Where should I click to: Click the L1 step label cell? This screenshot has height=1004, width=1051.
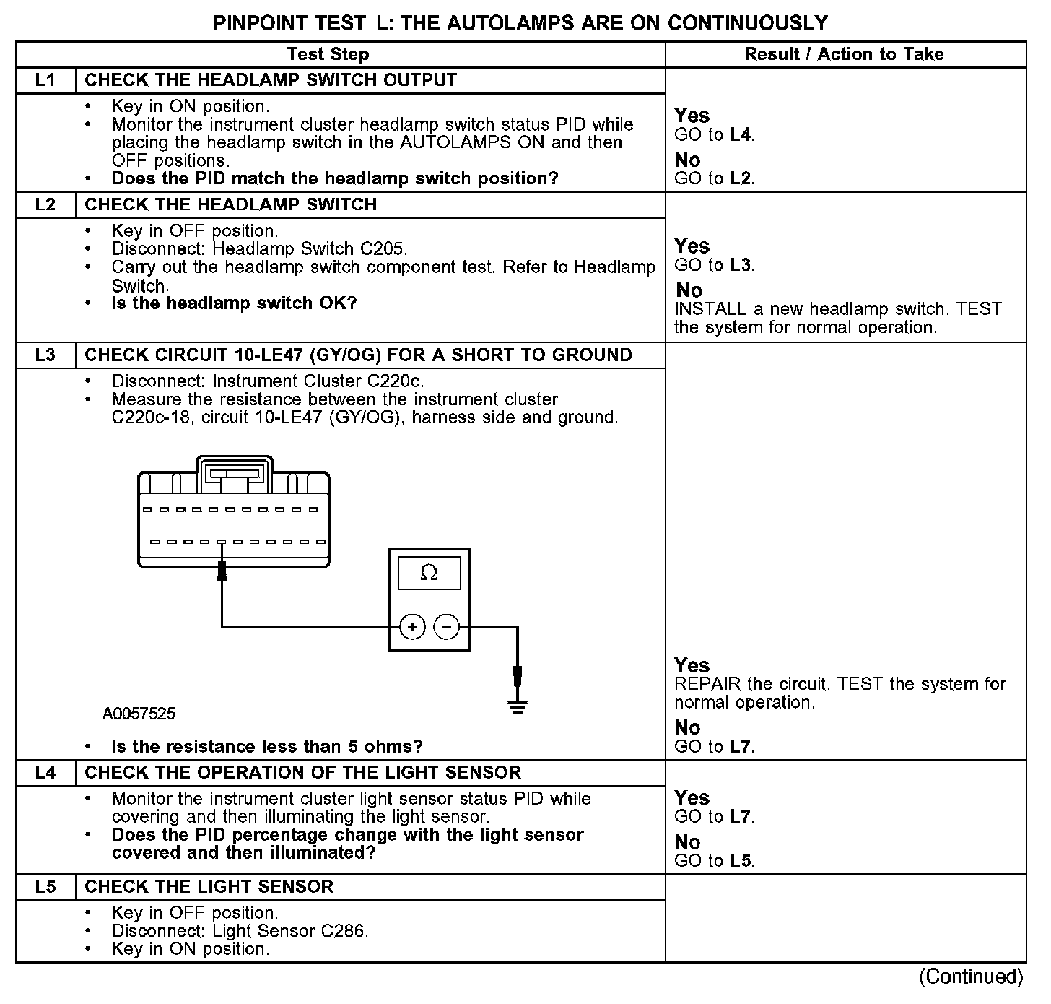[45, 80]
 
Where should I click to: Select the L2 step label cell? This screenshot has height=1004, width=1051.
[45, 205]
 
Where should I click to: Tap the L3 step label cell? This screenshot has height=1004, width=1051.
[45, 355]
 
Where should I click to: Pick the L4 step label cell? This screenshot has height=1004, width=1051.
[45, 773]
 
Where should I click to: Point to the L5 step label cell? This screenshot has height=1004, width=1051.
[45, 887]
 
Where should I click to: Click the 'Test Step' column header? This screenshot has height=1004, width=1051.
[328, 54]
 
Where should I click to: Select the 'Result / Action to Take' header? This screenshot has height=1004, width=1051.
[844, 54]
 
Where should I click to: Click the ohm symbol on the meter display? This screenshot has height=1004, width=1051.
[429, 574]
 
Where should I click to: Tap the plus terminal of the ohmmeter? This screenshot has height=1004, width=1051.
[412, 626]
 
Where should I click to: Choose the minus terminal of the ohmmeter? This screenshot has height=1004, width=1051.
[447, 626]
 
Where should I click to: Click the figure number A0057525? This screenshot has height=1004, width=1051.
[139, 714]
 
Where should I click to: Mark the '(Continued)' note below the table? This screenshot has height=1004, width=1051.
[971, 977]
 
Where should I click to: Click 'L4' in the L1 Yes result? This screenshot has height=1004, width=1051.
[741, 134]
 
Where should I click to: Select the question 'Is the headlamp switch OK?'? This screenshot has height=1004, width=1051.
[235, 303]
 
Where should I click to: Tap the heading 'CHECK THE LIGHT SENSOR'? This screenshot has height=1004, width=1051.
[209, 887]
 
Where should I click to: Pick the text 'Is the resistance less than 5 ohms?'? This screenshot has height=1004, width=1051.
[267, 747]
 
